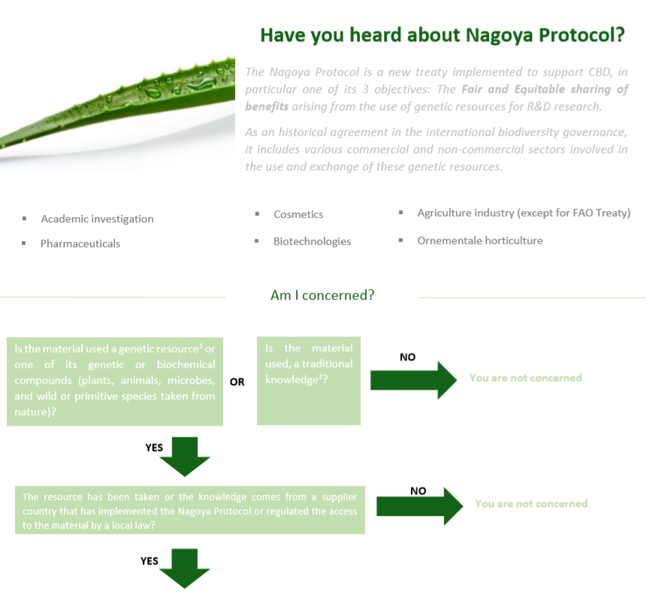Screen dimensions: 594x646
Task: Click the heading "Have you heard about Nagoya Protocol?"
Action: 442,35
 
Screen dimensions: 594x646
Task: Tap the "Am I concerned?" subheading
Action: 322,295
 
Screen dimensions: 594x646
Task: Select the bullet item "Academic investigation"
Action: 97,219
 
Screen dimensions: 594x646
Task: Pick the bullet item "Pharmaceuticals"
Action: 80,243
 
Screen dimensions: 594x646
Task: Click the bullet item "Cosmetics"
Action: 298,214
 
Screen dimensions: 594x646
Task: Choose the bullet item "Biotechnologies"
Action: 312,241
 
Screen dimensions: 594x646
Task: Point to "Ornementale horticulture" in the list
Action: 479,240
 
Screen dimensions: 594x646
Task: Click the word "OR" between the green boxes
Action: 237,381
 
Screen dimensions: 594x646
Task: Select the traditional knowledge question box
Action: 309,380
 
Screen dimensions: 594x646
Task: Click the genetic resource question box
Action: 115,381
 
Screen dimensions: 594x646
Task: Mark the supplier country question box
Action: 190,510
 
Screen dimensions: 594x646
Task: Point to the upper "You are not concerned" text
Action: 525,378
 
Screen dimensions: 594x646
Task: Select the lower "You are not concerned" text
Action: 531,503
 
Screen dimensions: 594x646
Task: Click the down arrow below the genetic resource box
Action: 184,456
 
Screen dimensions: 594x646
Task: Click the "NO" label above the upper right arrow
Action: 407,357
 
